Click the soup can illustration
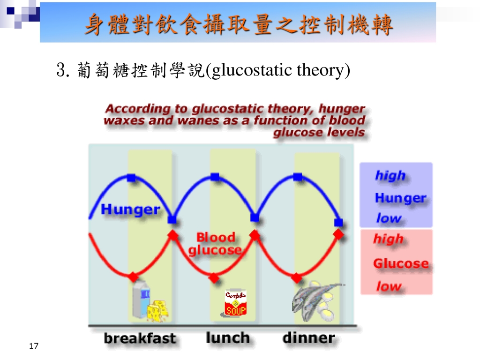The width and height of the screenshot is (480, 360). pyautogui.click(x=235, y=303)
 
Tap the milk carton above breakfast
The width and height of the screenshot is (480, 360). pyautogui.click(x=141, y=300)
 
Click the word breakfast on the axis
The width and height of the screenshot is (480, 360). pyautogui.click(x=140, y=338)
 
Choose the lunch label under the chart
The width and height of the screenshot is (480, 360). pyautogui.click(x=228, y=338)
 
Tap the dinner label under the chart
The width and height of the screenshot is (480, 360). pyautogui.click(x=308, y=338)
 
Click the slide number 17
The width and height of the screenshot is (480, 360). pyautogui.click(x=34, y=346)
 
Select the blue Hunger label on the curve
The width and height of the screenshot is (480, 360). pyautogui.click(x=130, y=210)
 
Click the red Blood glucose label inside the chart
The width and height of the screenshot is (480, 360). pyautogui.click(x=215, y=244)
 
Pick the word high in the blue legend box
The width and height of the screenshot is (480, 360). pyautogui.click(x=390, y=176)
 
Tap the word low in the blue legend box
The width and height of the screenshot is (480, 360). pyautogui.click(x=389, y=218)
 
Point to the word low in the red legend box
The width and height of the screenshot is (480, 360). pyautogui.click(x=389, y=286)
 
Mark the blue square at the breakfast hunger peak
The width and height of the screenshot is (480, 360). pyautogui.click(x=131, y=178)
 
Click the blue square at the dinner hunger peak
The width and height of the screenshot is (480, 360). pyautogui.click(x=297, y=177)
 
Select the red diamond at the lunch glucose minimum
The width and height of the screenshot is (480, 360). pyautogui.click(x=214, y=278)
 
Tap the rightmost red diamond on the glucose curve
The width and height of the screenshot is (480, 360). pyautogui.click(x=338, y=234)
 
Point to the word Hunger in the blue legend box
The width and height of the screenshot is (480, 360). pyautogui.click(x=400, y=198)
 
